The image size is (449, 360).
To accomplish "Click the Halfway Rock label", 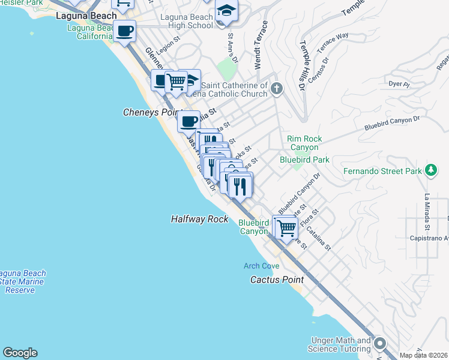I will pos(199,220).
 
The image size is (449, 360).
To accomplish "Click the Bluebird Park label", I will pos(304,160).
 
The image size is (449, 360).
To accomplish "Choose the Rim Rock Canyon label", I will pos(306,143).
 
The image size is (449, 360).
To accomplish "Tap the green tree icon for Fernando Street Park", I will pos(430,170).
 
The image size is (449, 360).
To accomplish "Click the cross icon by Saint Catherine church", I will pos(276,89).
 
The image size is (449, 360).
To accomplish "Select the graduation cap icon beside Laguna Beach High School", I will pos(226,11).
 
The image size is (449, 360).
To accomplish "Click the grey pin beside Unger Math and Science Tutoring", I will pos(379,344).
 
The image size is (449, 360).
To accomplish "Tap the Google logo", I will pos(20,353).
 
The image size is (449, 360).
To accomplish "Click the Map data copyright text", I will pos(424,355).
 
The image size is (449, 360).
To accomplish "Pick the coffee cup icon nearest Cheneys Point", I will pos(189,122).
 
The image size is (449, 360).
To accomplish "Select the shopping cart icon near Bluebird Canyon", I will pos(287,228).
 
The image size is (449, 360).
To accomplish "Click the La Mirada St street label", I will pos(427,212).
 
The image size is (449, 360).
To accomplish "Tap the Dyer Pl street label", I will pos(399,84).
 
